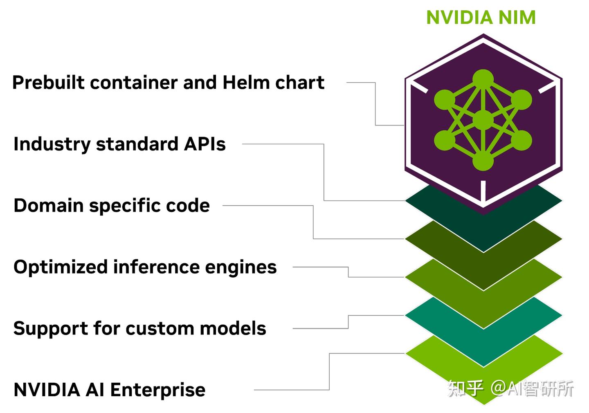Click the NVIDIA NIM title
click(481, 18)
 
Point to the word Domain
click(48, 205)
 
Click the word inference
click(156, 267)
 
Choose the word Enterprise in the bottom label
click(157, 390)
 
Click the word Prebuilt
click(48, 83)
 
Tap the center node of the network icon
click(483, 120)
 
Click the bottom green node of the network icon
click(483, 161)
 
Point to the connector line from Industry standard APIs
click(324, 172)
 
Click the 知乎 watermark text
click(465, 388)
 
